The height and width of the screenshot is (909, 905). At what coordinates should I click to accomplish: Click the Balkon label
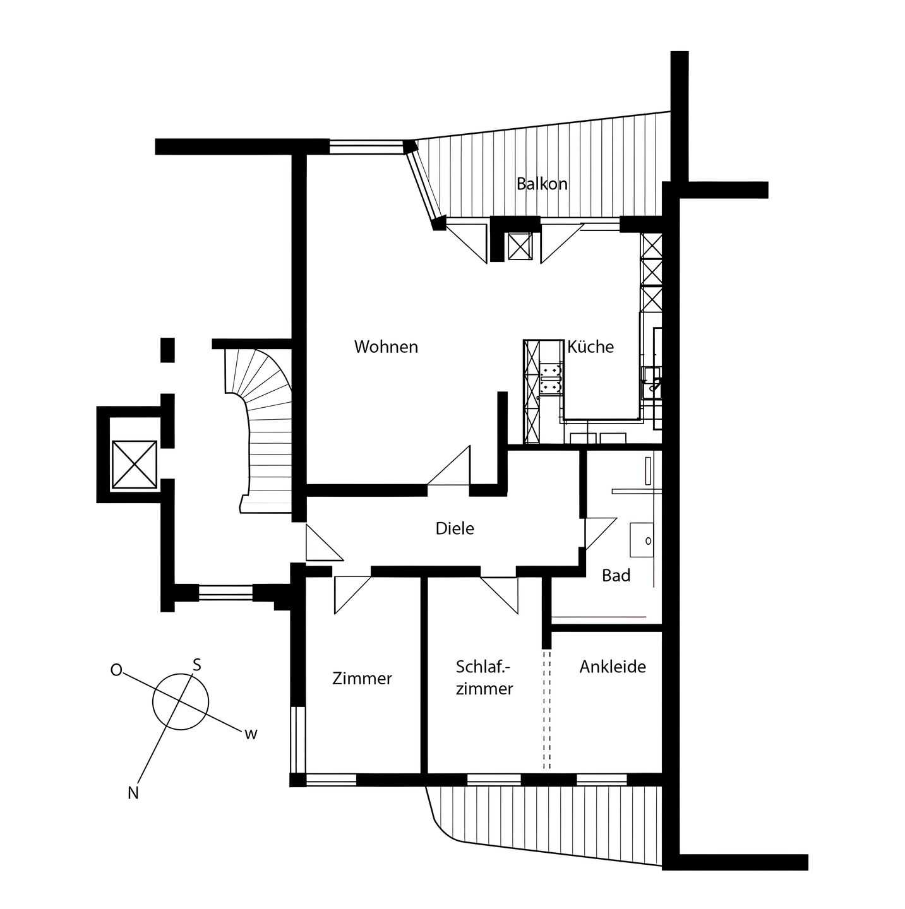(x=541, y=184)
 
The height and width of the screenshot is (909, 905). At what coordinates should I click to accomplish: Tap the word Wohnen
(x=386, y=347)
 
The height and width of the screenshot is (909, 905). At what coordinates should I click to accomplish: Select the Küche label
(x=590, y=347)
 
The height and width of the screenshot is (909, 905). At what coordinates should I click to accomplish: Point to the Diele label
(x=455, y=528)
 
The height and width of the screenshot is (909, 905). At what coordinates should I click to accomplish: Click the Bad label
(x=616, y=576)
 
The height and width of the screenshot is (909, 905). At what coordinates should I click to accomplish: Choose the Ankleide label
(x=613, y=667)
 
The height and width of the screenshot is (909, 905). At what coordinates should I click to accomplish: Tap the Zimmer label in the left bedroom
(x=362, y=679)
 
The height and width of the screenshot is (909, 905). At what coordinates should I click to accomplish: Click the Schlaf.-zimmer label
(x=484, y=677)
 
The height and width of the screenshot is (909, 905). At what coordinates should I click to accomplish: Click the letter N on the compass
(x=133, y=793)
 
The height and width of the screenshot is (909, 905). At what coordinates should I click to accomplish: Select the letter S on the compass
(x=196, y=665)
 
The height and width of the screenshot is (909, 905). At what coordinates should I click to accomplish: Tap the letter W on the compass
(x=251, y=734)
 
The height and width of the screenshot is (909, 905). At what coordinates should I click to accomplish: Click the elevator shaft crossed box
(x=134, y=465)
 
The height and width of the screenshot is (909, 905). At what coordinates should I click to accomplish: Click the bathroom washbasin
(x=642, y=540)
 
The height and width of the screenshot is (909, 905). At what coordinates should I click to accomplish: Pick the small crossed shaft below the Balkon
(x=519, y=246)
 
